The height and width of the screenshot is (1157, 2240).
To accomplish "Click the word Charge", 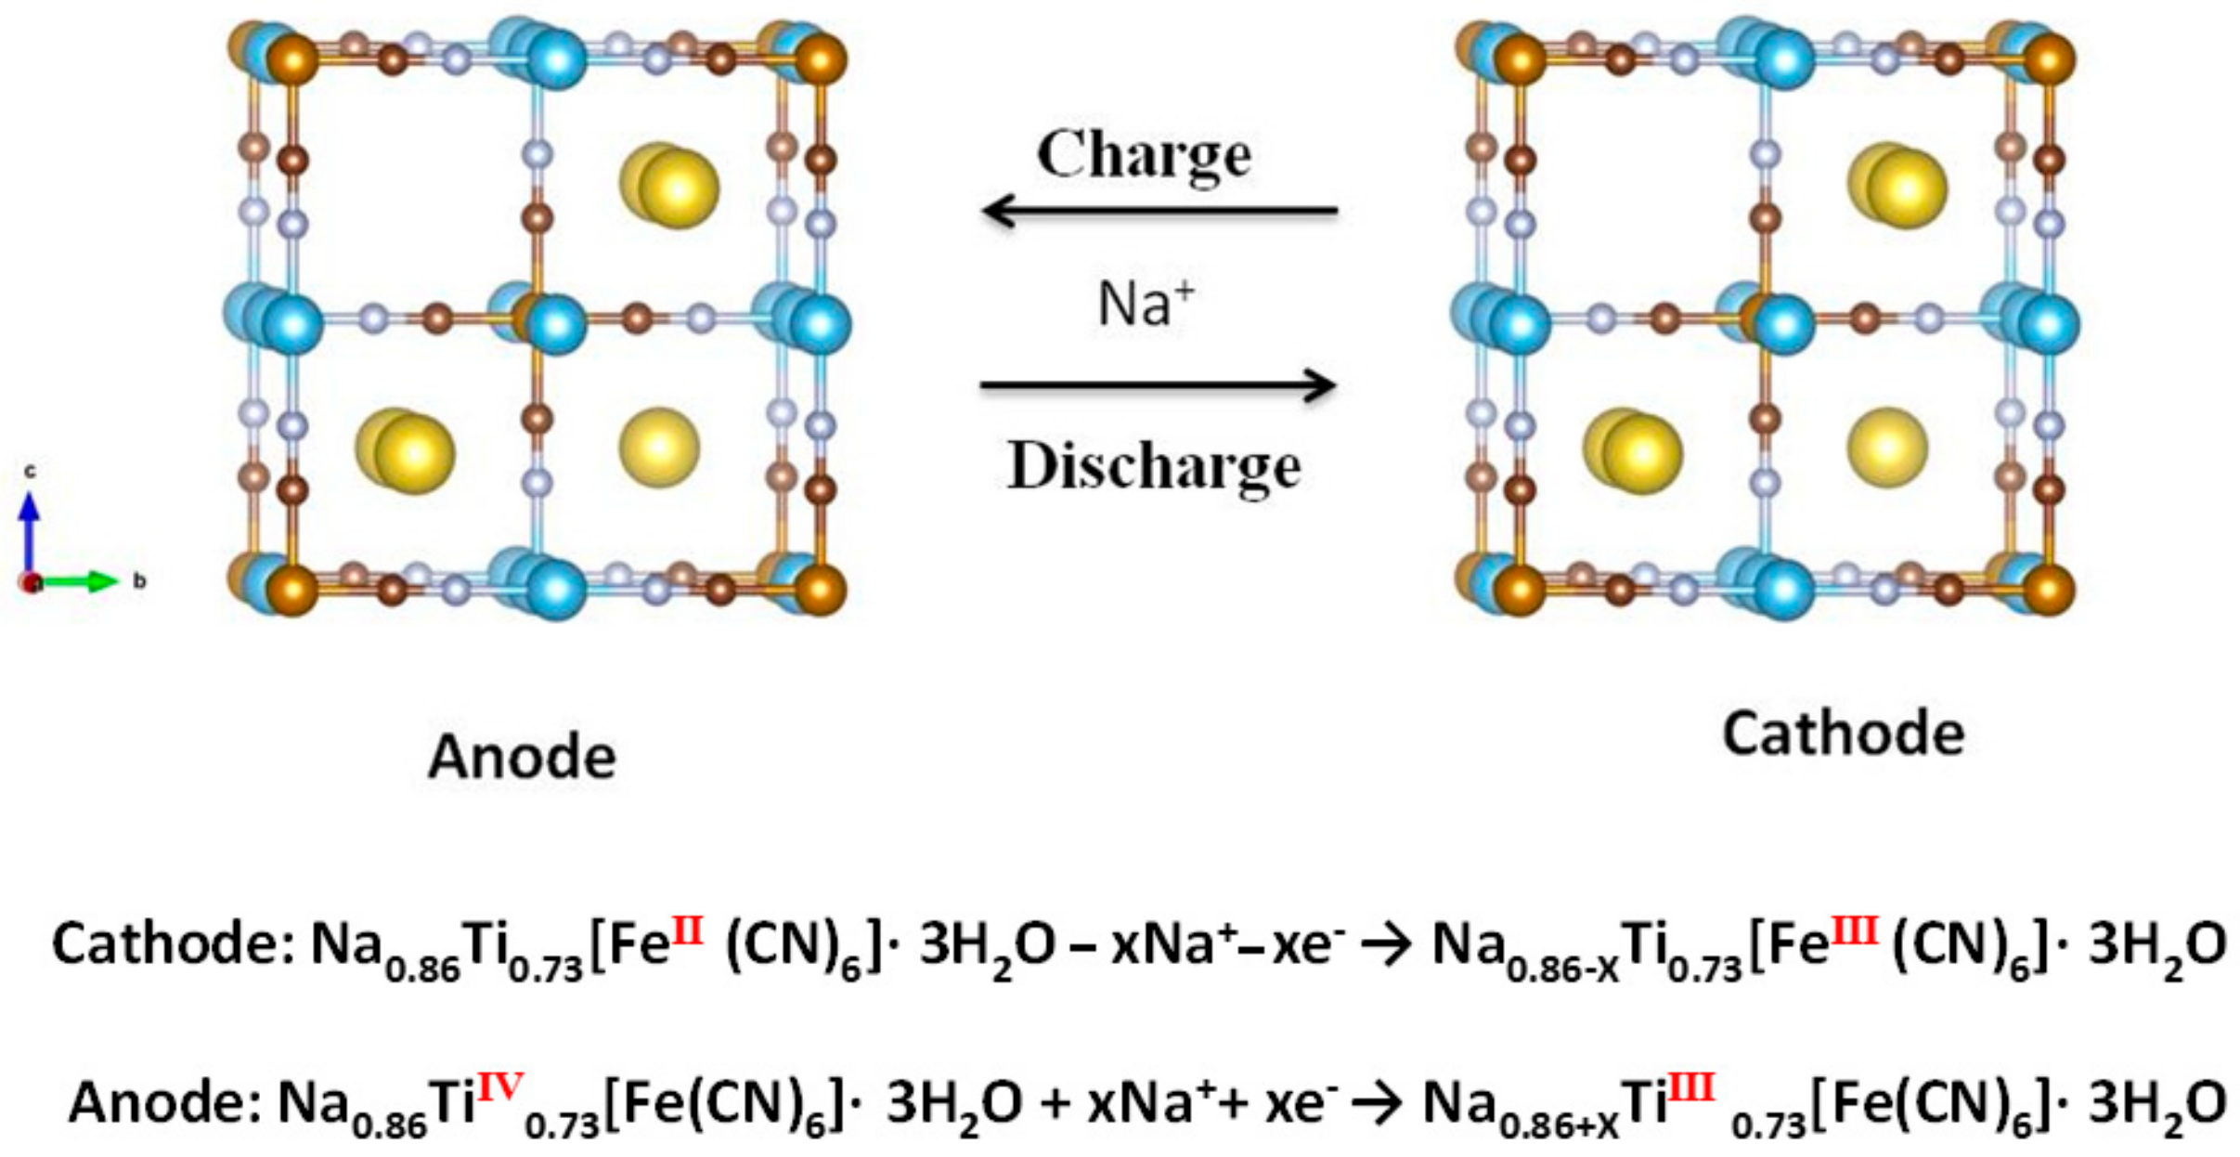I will click(x=1144, y=155).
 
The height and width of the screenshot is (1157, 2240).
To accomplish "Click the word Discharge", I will click(x=1154, y=466).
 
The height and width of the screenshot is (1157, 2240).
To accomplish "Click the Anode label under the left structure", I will click(x=522, y=757).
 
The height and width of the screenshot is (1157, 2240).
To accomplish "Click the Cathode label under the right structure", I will click(x=1843, y=734).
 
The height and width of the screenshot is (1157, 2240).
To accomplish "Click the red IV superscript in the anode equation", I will click(x=500, y=1085).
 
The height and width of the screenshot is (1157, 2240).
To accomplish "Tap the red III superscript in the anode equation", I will click(x=1690, y=1085).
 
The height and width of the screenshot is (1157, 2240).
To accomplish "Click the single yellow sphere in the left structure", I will click(x=659, y=448).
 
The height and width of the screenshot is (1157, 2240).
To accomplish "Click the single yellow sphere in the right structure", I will click(x=1886, y=448).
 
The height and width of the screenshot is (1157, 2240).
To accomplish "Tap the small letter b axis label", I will click(x=139, y=581).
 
